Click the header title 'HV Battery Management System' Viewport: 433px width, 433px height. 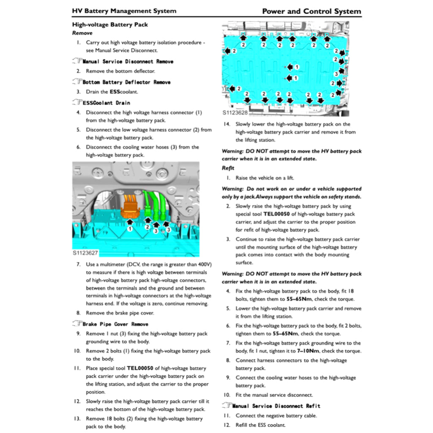tap(124, 11)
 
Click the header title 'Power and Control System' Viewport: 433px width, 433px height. tap(312, 11)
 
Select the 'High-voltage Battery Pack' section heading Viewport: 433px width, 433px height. tap(110, 25)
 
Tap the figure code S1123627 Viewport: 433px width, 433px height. tap(85, 253)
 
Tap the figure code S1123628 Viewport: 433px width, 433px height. tap(235, 113)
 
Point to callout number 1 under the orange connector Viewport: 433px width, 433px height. tap(130, 229)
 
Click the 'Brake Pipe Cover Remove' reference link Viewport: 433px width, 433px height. tap(115, 324)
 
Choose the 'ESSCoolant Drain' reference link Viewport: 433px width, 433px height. tap(106, 103)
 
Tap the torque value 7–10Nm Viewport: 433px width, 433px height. tap(308, 351)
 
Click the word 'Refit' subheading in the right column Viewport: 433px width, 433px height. tap(228, 168)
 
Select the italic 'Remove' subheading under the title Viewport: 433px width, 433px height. tap(82, 33)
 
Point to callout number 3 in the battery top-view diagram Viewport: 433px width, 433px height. tap(337, 74)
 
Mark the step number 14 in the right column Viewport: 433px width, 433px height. tap(227, 124)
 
